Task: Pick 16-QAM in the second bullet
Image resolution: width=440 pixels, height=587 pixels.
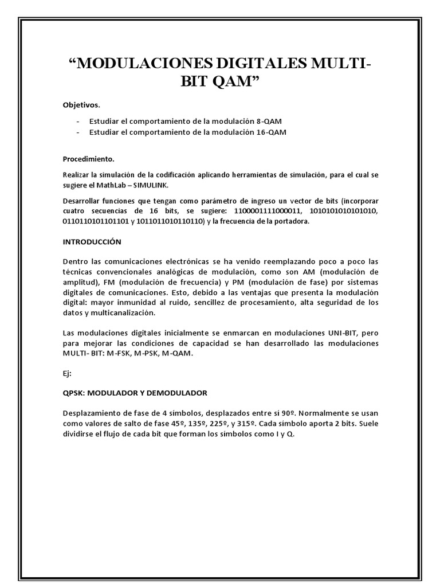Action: (x=273, y=132)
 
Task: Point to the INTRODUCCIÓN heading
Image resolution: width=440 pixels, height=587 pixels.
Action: (x=92, y=242)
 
